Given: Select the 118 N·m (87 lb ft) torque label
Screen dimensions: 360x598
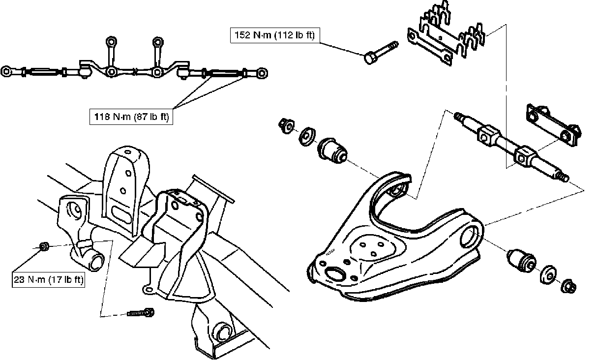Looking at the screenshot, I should tap(131, 117).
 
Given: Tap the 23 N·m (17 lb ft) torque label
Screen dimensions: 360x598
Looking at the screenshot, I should tap(48, 279).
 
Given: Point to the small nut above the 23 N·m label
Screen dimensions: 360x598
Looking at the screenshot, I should tap(43, 246).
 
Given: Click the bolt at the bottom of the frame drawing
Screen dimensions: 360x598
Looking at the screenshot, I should tap(141, 313).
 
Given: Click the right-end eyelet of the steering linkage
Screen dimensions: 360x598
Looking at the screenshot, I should tap(263, 73).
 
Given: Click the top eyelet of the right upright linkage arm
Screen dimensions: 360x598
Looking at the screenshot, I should tap(157, 41).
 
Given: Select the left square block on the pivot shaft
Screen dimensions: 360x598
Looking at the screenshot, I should tap(487, 136).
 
